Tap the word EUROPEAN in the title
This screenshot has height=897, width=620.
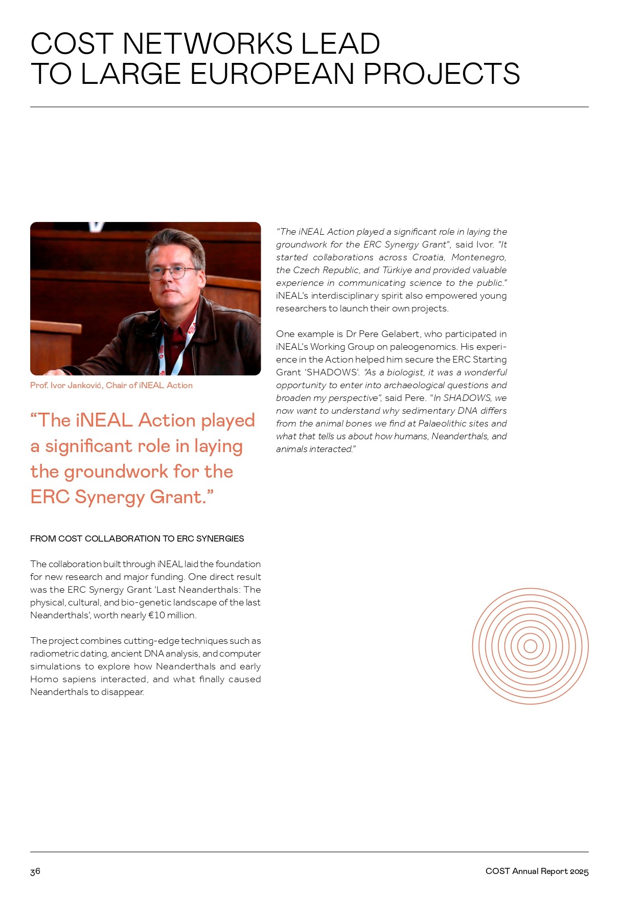point(272,74)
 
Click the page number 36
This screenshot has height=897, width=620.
point(35,871)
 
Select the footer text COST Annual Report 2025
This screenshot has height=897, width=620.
point(537,871)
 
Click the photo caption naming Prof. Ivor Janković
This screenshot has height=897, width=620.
point(111,386)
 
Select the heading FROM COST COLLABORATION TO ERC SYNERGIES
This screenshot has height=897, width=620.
point(137,539)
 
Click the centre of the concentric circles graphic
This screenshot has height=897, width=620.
point(530,646)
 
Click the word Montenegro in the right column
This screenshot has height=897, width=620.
point(478,257)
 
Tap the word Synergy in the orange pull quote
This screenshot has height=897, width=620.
point(108,497)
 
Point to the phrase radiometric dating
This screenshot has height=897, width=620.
point(68,654)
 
